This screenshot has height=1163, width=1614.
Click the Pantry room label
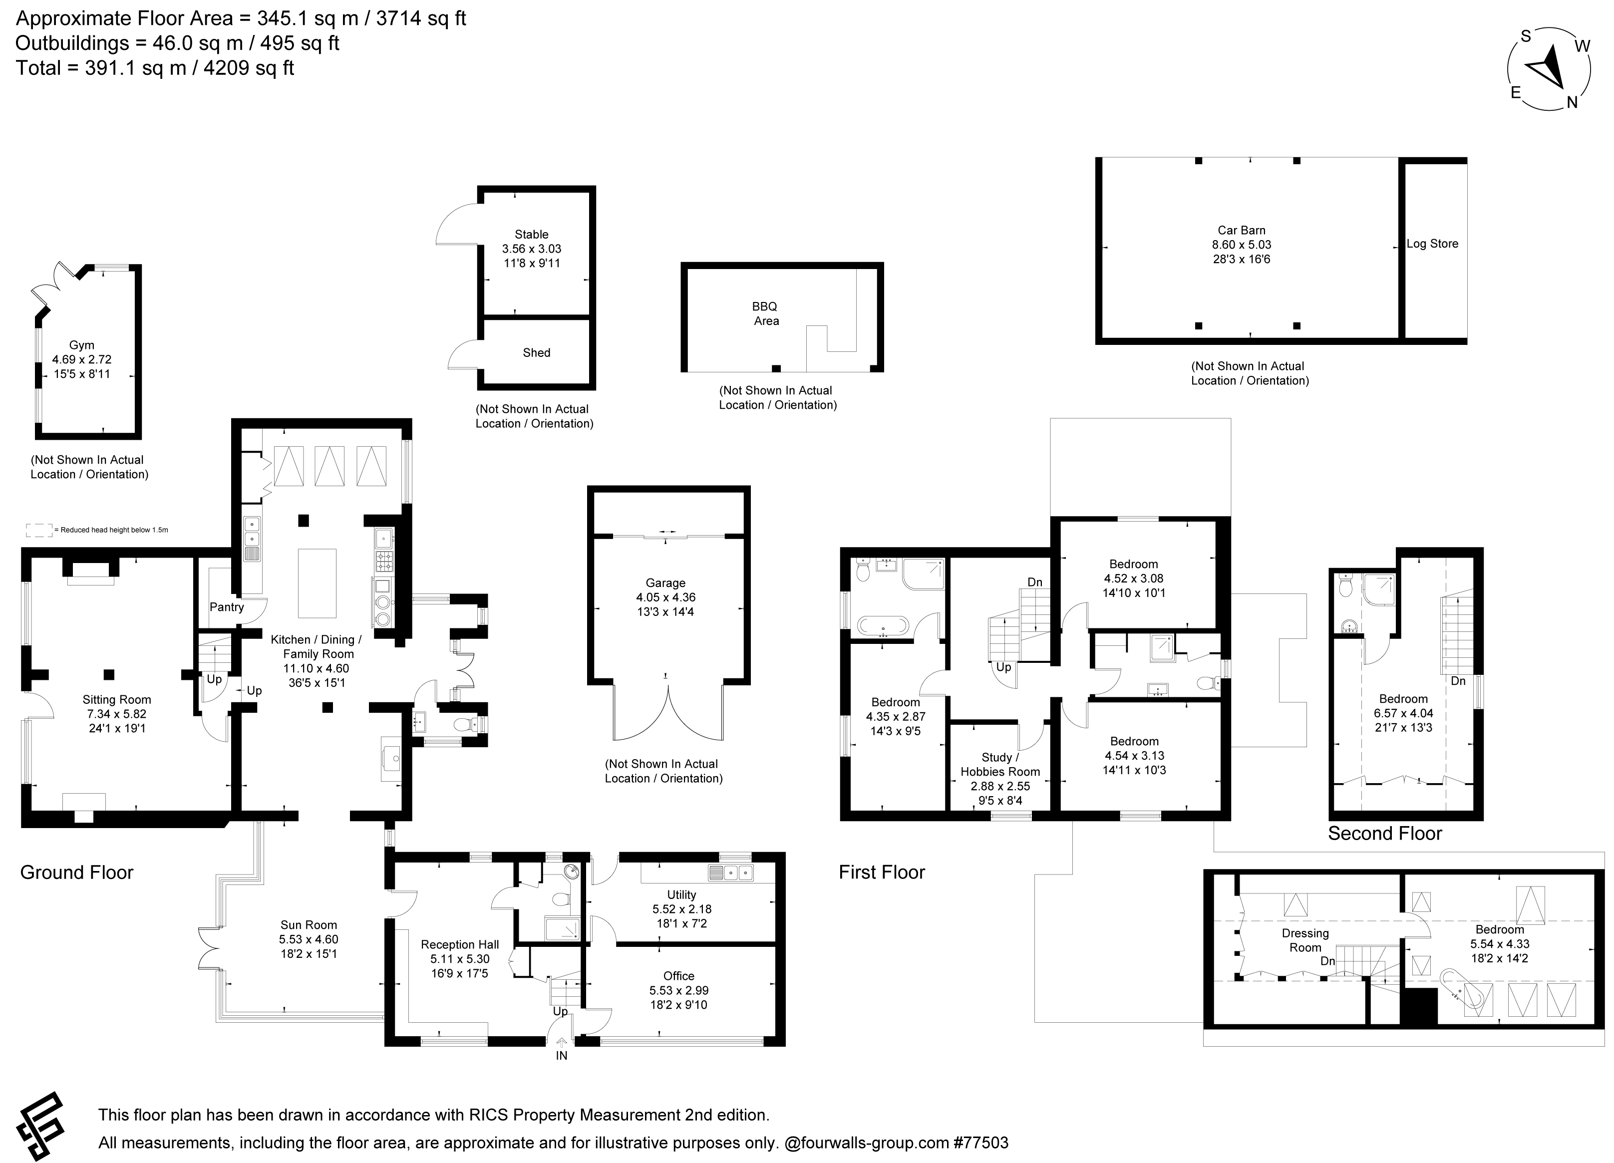point(226,607)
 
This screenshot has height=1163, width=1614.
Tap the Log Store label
point(1433,243)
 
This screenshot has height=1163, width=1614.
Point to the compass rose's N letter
point(1572,102)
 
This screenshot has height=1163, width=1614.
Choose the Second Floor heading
point(1385,834)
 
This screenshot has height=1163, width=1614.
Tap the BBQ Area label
point(766,313)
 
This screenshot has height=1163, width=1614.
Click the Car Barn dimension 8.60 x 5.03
point(1242,245)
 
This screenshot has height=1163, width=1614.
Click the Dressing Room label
point(1305,940)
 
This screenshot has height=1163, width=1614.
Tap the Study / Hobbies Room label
point(1000,765)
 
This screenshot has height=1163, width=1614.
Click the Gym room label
point(82,345)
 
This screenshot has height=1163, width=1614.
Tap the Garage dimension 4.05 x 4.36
point(666,597)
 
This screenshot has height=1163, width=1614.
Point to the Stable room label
point(532,235)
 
